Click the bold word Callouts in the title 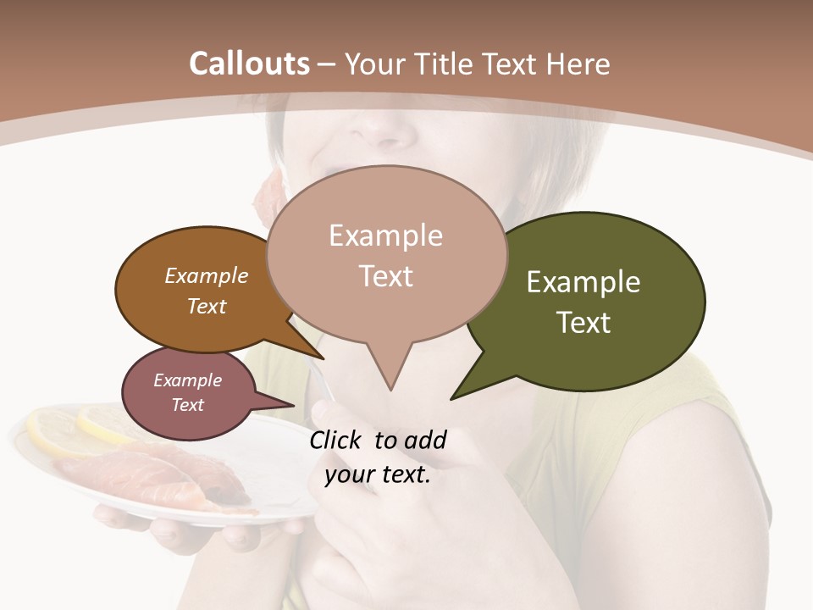(249, 64)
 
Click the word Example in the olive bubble (583, 282)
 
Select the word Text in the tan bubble (386, 276)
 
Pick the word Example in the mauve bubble (187, 380)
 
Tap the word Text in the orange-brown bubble (207, 306)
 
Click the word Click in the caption (338, 440)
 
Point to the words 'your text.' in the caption (378, 474)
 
